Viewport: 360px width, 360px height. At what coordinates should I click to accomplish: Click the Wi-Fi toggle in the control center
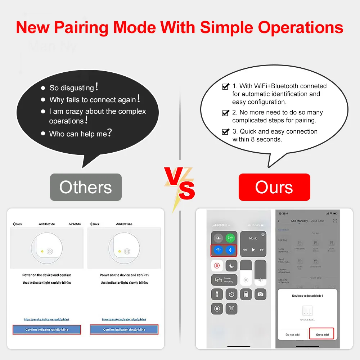(x=217, y=250)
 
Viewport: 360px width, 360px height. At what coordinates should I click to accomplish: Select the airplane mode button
(x=217, y=238)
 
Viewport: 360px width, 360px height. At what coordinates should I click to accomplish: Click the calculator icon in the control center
(x=246, y=294)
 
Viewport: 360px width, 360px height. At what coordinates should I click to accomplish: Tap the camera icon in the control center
(x=260, y=294)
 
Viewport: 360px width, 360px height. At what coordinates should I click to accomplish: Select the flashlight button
(x=217, y=294)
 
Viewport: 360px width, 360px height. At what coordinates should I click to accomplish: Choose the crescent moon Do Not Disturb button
(x=231, y=266)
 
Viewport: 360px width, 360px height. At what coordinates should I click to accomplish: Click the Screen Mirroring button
(x=224, y=280)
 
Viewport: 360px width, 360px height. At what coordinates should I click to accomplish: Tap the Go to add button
(x=322, y=334)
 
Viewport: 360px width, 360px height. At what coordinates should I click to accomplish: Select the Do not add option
(x=292, y=334)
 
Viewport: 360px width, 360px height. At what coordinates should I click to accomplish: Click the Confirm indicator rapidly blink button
(x=47, y=329)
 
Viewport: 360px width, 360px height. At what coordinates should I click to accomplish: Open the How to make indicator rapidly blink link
(x=47, y=319)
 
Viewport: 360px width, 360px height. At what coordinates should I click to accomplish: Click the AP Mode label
(x=75, y=224)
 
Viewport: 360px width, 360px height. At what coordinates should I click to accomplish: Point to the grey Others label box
(x=86, y=187)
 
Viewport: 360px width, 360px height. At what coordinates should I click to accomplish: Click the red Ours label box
(x=274, y=187)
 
